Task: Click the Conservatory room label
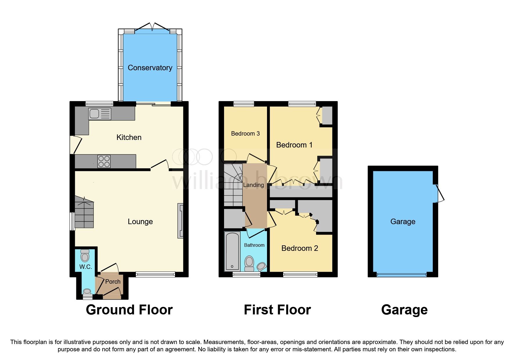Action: [x=150, y=68]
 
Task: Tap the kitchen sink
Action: [x=100, y=114]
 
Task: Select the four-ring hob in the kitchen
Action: [x=104, y=161]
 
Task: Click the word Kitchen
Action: [x=129, y=137]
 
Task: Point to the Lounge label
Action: [x=140, y=222]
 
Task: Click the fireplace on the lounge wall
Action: [x=181, y=221]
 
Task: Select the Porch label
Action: [x=113, y=281]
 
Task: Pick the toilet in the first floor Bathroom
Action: [x=249, y=263]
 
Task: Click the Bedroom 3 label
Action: [x=245, y=134]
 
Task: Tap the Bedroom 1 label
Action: [x=294, y=145]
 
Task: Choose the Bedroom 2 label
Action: [x=300, y=248]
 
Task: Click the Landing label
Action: [x=253, y=185]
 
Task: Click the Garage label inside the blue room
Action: [x=403, y=222]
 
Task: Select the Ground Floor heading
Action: [x=129, y=310]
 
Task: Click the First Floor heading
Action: [x=277, y=310]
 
